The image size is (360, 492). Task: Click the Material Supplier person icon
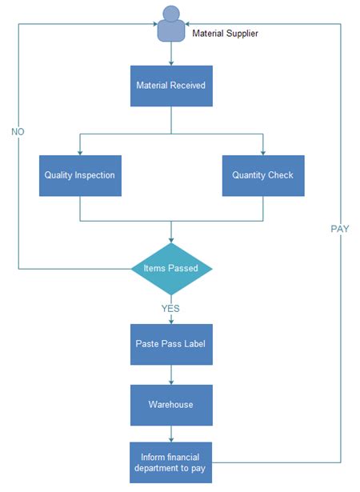point(170,24)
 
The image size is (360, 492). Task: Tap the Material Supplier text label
point(225,34)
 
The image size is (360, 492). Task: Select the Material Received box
point(171,86)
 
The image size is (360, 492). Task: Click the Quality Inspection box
point(80,175)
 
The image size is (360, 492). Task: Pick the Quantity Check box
point(262,175)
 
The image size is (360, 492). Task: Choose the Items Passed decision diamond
point(171,268)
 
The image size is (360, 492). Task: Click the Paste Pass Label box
point(171,344)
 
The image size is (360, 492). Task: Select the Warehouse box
point(171,404)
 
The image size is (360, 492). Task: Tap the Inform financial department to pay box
point(171,462)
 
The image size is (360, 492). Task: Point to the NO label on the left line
point(18,130)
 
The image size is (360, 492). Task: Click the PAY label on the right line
point(340,229)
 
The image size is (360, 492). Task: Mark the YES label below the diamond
point(171,307)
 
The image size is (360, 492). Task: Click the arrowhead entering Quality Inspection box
point(80,152)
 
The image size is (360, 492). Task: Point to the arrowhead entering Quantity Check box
point(262,152)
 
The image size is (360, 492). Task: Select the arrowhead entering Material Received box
point(171,62)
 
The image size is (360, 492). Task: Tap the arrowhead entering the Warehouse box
point(171,381)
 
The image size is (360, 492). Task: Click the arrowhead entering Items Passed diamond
point(171,239)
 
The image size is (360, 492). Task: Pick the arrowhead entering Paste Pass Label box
point(171,321)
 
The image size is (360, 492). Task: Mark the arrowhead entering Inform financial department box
point(171,439)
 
